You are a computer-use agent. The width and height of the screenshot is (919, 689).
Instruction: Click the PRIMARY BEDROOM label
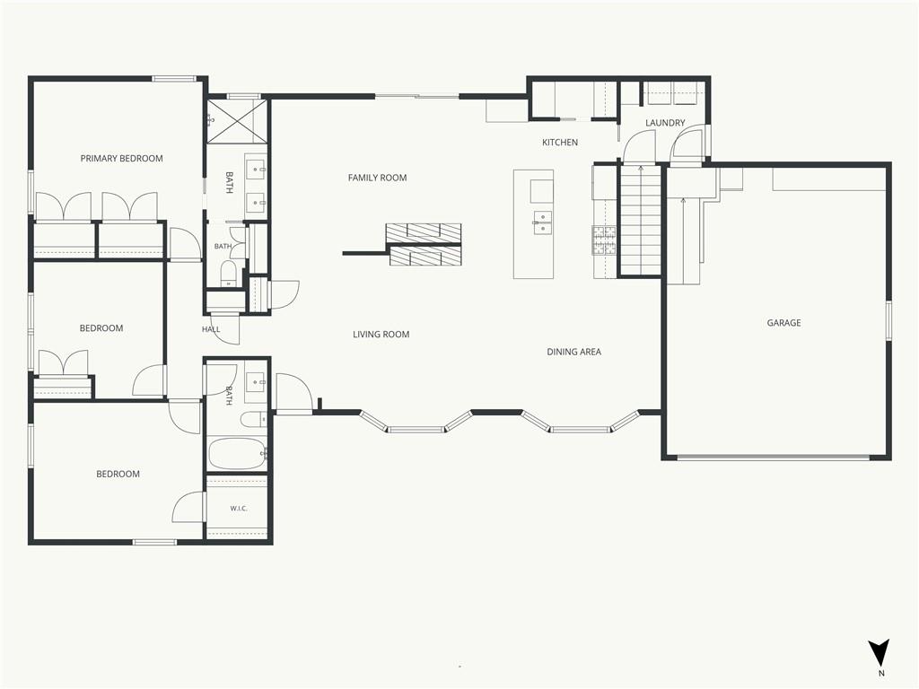pos(121,158)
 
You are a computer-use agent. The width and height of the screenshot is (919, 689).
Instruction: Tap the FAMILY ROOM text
pos(378,178)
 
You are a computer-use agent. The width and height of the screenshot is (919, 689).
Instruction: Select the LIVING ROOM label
pos(381,335)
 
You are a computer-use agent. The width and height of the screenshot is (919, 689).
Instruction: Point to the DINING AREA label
pos(573,352)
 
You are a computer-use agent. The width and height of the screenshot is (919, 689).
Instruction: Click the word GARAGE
pos(783,323)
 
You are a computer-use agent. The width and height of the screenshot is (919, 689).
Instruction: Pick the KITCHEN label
pos(560,143)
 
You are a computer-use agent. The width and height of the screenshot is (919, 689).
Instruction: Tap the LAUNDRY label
pos(665,123)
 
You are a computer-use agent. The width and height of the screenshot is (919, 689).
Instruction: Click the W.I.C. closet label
pos(239,508)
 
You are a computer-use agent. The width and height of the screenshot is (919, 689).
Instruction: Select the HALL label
pos(211,329)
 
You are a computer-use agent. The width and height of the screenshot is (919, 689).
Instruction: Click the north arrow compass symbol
pos(879,653)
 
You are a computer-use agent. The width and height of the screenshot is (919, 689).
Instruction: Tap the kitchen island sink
pos(542,222)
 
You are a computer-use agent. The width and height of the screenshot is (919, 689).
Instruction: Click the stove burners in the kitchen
pos(604,240)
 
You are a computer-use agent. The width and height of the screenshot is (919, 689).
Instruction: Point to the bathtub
pos(237,453)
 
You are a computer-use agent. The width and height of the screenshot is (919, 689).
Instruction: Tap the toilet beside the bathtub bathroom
pos(254,420)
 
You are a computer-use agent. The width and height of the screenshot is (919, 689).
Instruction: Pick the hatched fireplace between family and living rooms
pos(424,244)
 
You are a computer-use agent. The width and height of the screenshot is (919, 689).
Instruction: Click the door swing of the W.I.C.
pos(188,507)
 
